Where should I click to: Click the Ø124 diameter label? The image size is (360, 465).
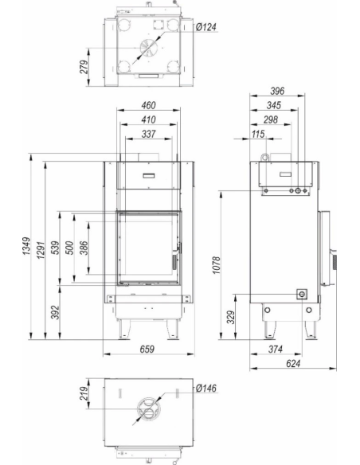click(x=206, y=27)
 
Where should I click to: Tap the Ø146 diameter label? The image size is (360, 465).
click(x=206, y=388)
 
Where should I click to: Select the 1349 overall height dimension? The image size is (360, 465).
click(x=26, y=246)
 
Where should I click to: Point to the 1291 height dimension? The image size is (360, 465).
click(x=41, y=250)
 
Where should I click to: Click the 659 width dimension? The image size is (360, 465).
click(x=147, y=349)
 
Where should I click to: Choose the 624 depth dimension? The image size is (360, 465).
click(x=293, y=363)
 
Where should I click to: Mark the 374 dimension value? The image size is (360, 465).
click(x=276, y=349)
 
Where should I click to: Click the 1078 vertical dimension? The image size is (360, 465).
click(x=217, y=265)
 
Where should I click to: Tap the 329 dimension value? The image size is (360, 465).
click(x=231, y=317)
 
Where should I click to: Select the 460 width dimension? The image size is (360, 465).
click(x=148, y=105)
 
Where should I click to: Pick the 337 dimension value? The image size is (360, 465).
click(x=148, y=134)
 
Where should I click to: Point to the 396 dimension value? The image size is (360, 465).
click(x=277, y=91)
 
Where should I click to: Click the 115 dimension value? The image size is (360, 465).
click(x=258, y=134)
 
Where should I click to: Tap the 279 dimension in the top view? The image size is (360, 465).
click(x=84, y=67)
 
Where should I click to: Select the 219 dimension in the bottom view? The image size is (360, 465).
click(x=84, y=393)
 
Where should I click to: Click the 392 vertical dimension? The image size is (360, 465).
click(x=55, y=312)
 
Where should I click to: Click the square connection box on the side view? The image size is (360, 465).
click(x=302, y=294)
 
